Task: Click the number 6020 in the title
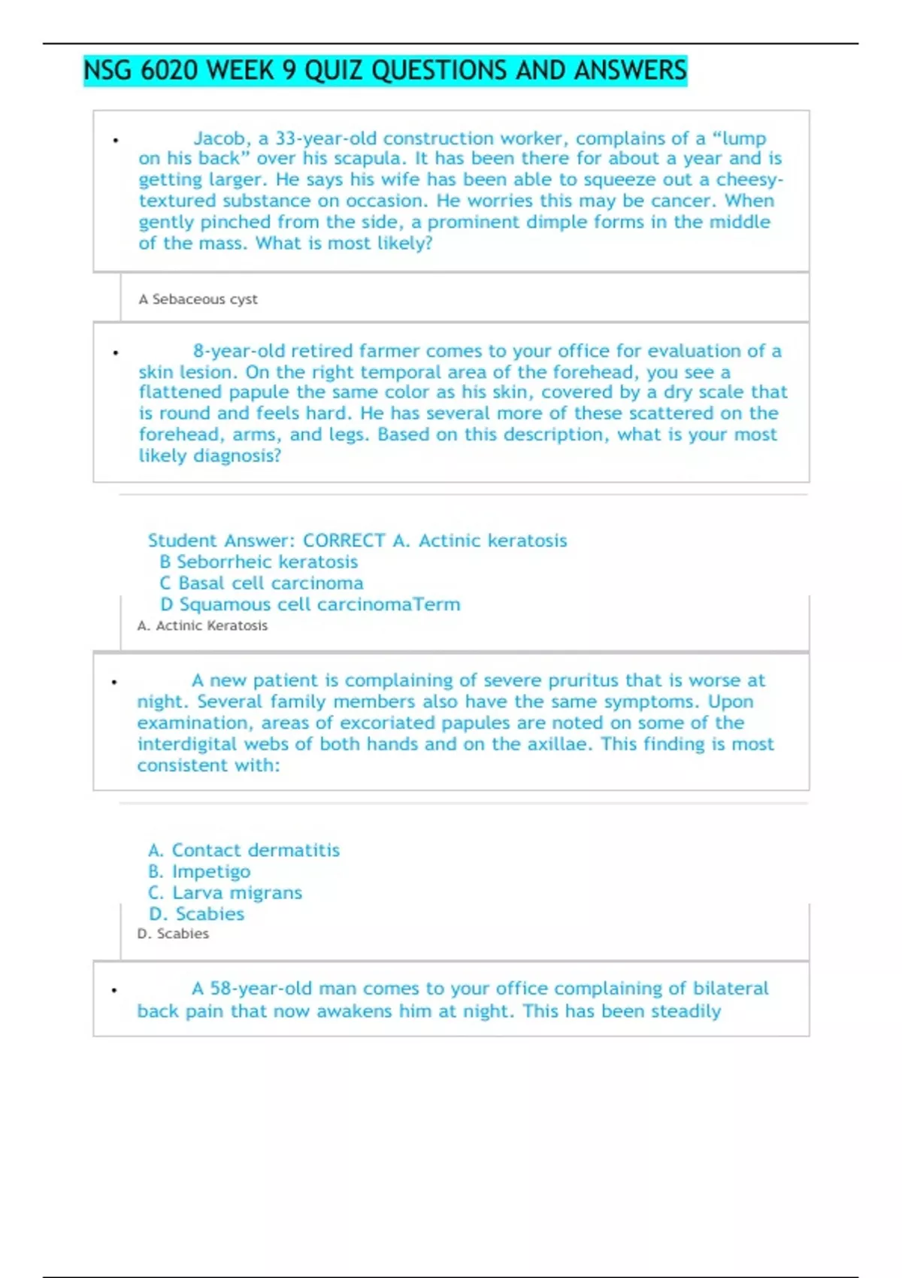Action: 169,71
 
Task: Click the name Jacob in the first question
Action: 219,138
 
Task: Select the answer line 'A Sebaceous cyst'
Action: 198,299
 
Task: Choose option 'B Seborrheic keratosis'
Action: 259,562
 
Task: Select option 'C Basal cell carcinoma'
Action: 262,583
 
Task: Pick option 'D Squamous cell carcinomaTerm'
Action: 310,604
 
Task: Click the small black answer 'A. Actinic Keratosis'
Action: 202,625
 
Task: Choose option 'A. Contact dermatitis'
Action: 244,850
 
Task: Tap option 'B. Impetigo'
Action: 199,871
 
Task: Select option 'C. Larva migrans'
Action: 225,892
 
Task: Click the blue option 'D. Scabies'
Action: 196,913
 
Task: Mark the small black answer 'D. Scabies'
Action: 173,934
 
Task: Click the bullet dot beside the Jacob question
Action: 116,140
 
